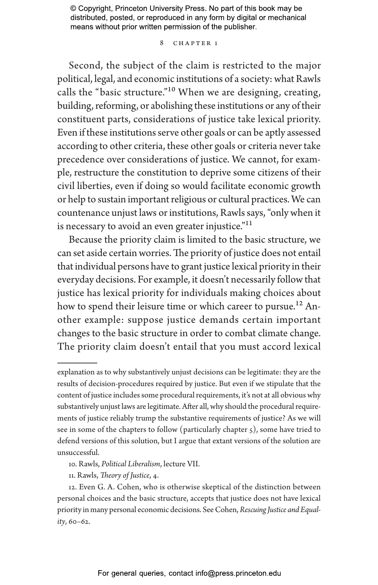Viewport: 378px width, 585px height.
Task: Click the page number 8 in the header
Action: (x=162, y=43)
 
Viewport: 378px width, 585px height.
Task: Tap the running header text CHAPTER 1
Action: (x=196, y=43)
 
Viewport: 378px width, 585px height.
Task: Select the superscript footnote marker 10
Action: (x=171, y=90)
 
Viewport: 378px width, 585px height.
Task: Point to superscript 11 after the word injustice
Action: (x=248, y=223)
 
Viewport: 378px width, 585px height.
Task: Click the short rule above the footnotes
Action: (x=77, y=363)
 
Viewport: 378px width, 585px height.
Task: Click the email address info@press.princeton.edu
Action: (x=238, y=573)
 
